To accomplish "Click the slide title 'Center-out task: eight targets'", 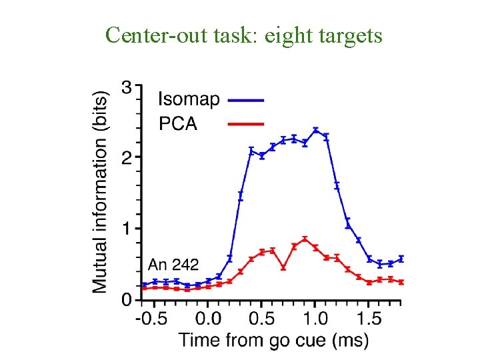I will tap(243, 35).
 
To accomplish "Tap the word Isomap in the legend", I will tap(188, 100).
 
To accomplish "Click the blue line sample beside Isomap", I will tap(246, 100).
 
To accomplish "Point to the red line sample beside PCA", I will tap(246, 123).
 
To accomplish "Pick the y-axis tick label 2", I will tap(127, 157).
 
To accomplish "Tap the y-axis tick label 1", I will tap(127, 229).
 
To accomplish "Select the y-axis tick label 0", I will tap(127, 300).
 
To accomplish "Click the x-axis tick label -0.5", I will tap(151, 318).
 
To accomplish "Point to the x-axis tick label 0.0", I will tap(208, 318).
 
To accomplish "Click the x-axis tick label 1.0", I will tap(316, 318).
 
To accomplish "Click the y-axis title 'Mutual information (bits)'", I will tap(100, 192).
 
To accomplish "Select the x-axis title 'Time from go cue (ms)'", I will tap(273, 340).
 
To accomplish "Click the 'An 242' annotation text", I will tap(173, 264).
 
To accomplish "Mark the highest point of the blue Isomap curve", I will tap(315, 130).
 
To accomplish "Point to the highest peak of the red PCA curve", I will tap(305, 239).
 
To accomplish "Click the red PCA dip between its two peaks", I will tap(283, 267).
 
